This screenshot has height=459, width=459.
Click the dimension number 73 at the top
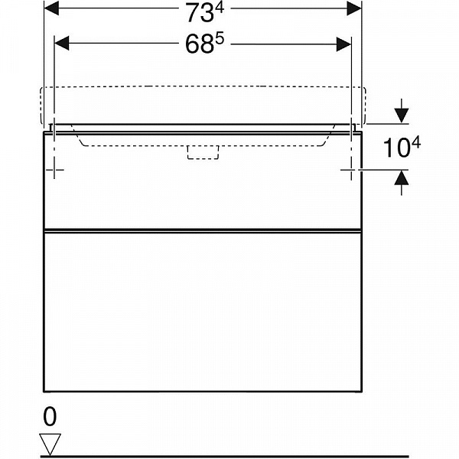tap(200, 13)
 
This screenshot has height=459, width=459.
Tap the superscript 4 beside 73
tap(220, 8)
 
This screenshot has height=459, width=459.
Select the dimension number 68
tap(200, 45)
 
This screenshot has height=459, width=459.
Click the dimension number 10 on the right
tap(396, 148)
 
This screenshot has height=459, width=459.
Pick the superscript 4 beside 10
tap(415, 143)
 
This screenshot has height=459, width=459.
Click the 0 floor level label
tap(50, 417)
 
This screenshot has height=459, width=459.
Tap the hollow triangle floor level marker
tap(50, 444)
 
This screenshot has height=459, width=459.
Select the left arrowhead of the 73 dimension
tap(51, 8)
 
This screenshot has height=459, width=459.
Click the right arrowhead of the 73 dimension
tap(354, 8)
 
